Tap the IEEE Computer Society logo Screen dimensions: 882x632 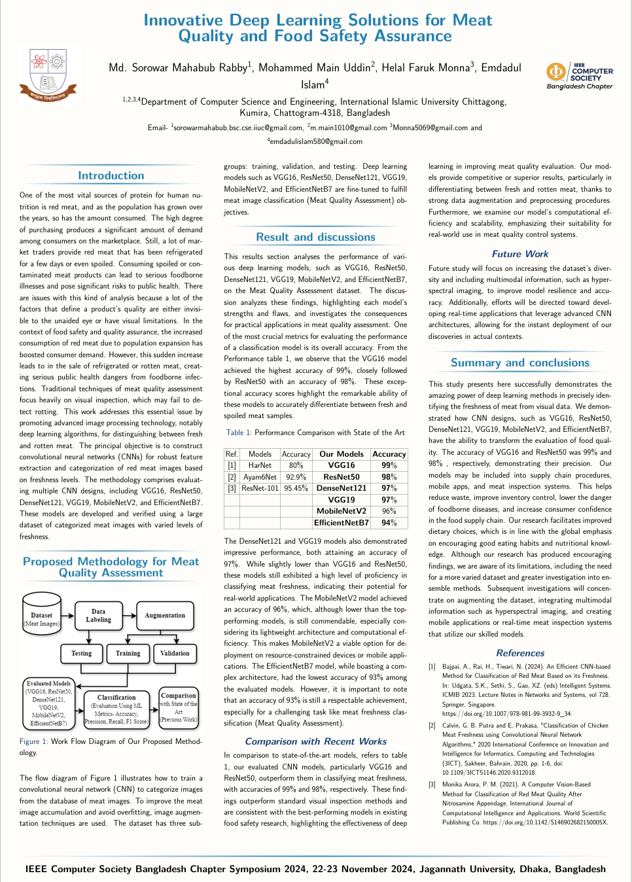pos(580,76)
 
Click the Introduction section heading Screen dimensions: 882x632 pos(111,175)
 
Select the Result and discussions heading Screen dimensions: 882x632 pos(315,237)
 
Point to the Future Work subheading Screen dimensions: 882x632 pos(520,254)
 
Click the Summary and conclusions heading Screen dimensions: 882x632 pos(520,362)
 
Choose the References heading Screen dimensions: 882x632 pos(520,653)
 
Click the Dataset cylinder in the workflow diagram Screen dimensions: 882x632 pos(41,616)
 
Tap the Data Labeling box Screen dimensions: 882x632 pos(99,616)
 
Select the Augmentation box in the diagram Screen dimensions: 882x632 pos(165,616)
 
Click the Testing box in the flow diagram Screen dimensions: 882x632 pos(82,653)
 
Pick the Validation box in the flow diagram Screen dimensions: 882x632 pos(175,653)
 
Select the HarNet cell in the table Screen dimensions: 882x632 pos(260,465)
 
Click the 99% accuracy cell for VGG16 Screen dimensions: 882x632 pos(389,465)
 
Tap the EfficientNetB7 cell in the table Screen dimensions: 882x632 pos(342,523)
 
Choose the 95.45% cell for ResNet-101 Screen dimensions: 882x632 pos(296,488)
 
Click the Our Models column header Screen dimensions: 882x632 pos(342,454)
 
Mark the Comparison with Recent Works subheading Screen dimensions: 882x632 pos(315,741)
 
